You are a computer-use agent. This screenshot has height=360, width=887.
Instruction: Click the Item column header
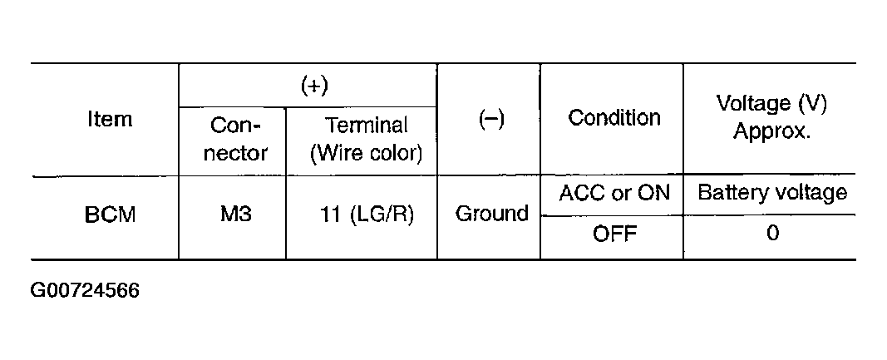point(109,119)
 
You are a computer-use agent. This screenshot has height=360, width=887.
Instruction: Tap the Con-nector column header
point(235,140)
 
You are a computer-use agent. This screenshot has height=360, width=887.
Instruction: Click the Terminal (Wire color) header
point(366,140)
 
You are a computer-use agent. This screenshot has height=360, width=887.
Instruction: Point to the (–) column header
point(490,119)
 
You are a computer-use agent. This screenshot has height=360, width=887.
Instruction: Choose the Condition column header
point(614,118)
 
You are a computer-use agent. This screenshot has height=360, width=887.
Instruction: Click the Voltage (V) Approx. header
point(771,118)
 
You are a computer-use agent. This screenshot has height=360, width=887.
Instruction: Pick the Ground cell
point(491,214)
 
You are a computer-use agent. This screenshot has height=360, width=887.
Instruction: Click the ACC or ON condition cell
point(614,194)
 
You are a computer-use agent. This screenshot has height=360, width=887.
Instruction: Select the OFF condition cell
point(614,234)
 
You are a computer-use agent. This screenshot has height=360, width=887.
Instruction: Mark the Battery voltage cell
point(771,194)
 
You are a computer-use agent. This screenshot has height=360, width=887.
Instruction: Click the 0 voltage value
point(771,234)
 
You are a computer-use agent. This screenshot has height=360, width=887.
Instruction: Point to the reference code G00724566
point(85,292)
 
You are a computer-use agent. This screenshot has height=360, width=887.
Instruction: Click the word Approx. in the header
point(771,132)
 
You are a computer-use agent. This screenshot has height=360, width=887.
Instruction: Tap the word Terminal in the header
point(366,126)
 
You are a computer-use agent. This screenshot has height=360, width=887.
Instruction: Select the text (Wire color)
point(366,154)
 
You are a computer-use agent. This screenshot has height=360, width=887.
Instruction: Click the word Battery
point(728,194)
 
